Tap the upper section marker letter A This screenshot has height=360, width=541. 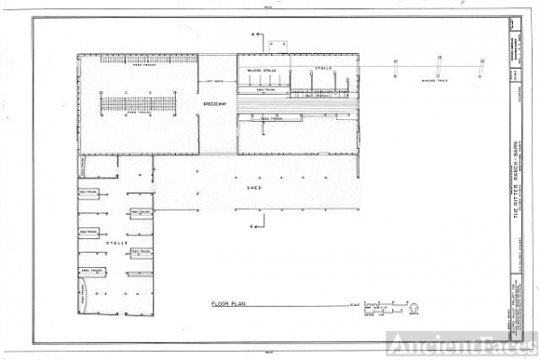point(255,35)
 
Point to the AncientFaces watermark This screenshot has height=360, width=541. point(462,344)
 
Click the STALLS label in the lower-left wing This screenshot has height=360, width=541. point(115,244)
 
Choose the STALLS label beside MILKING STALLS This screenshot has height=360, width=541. point(323,68)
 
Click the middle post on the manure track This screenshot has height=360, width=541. point(438,68)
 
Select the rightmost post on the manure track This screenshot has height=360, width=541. point(481,68)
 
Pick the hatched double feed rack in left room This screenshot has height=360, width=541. point(136,104)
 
